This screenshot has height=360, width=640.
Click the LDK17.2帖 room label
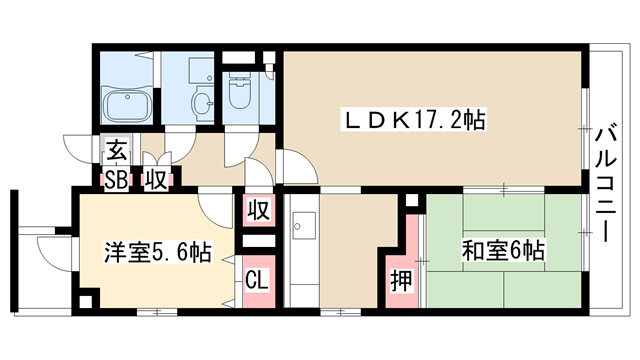(414, 120)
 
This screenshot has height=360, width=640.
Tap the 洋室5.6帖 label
(158, 253)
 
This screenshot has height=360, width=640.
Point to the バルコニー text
(606, 184)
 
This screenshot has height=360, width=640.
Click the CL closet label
(258, 280)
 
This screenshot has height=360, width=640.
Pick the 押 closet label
(401, 281)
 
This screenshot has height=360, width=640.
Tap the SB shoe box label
(116, 180)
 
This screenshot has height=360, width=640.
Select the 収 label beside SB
(156, 180)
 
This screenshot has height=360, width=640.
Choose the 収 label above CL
(259, 210)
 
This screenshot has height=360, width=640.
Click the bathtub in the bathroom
(127, 105)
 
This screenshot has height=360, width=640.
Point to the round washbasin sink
(202, 101)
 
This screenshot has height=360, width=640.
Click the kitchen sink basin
(304, 226)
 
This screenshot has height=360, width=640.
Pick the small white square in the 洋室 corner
(86, 301)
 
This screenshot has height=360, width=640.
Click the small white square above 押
(412, 200)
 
